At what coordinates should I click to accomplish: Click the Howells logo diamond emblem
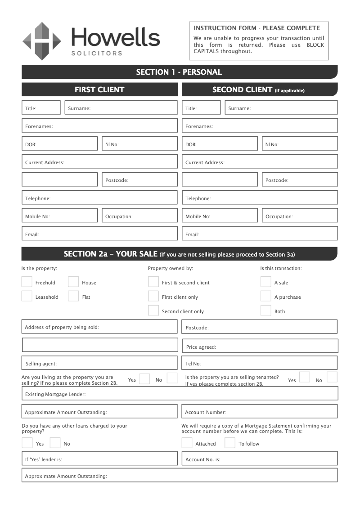pos(42,41)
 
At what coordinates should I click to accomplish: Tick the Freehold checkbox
pos(27,282)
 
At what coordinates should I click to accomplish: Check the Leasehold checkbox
pos(27,297)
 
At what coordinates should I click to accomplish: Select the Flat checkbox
pos(73,297)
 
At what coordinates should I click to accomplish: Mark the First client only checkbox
pos(153,297)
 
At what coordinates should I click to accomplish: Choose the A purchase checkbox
pos(265,297)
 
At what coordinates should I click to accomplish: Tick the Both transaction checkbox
pos(265,311)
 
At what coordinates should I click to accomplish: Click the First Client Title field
pos(41,108)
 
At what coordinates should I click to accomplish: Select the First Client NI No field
pos(139,144)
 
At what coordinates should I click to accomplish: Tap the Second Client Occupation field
pos(300,216)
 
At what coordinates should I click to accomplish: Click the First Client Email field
pos(99,234)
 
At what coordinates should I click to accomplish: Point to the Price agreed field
pos(260,346)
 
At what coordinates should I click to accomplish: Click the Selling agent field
pos(99,363)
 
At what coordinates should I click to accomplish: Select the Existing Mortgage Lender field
pos(180,393)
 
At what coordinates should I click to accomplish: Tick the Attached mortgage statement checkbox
pos(187,443)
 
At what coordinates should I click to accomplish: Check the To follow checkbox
pos(230,443)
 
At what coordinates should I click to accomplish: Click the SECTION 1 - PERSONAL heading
pos(179,72)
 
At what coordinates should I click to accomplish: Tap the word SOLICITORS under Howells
pos(97,53)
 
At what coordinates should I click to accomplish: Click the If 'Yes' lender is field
pos(99,459)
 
